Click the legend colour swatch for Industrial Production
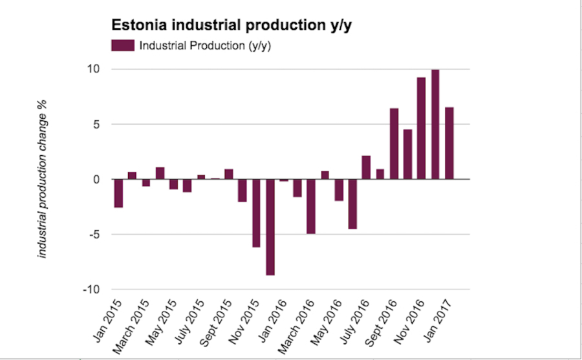122,45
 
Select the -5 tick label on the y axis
95,235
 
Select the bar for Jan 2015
118,193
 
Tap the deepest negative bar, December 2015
270,227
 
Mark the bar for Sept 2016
394,143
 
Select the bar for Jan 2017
449,143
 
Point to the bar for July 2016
366,167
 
